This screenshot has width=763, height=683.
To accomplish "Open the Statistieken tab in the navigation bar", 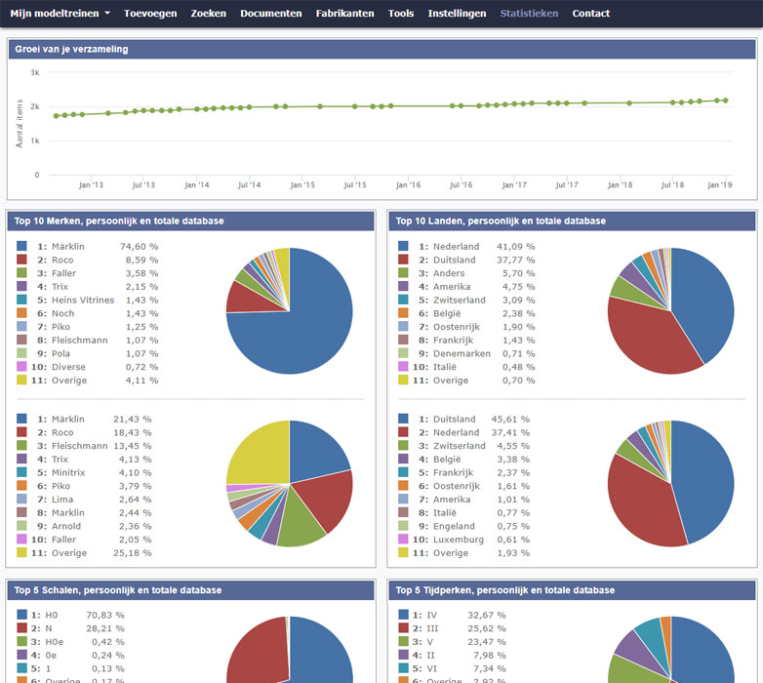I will click(x=529, y=14).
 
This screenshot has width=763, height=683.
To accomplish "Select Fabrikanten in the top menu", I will click(x=344, y=14).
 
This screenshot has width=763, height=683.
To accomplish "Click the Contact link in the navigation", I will click(x=590, y=14).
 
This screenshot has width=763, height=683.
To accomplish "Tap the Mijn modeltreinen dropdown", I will click(x=60, y=14).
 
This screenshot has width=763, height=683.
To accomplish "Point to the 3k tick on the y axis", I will click(x=34, y=72).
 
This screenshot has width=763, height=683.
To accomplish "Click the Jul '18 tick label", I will click(x=672, y=184).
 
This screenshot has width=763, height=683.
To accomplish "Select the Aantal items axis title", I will click(x=20, y=123).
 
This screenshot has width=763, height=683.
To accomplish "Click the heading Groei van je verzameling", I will click(x=71, y=49).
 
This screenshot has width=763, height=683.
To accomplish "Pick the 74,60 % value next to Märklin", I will click(x=139, y=247).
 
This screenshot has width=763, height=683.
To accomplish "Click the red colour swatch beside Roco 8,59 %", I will click(x=21, y=261).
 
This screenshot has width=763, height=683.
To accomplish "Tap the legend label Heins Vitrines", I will click(x=82, y=301).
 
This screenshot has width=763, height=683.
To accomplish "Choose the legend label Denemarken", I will click(x=462, y=353).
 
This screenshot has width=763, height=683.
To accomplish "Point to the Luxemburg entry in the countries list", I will click(x=458, y=540).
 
